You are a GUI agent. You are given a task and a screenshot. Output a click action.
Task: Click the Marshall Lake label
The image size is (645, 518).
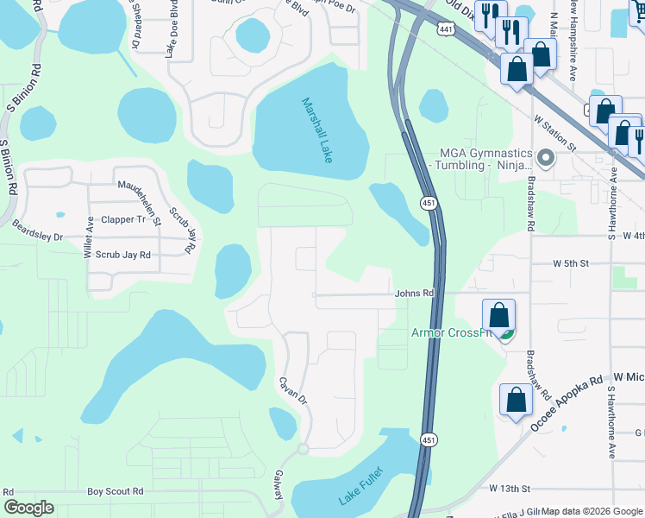(x=316, y=130)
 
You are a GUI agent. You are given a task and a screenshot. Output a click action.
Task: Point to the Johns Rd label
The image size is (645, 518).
(x=414, y=294)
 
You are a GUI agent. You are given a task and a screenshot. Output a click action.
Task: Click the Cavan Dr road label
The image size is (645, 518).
(x=293, y=389)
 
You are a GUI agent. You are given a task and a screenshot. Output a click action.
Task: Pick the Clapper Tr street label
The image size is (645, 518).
(x=123, y=220)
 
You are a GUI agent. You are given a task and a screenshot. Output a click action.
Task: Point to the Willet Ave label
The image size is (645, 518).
(x=88, y=237)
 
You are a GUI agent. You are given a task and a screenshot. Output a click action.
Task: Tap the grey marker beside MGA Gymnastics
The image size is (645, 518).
(x=544, y=157)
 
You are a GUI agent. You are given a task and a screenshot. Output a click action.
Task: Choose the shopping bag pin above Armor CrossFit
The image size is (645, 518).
(x=498, y=317)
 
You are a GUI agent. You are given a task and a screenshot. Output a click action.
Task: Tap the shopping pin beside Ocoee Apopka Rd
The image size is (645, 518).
(x=516, y=401)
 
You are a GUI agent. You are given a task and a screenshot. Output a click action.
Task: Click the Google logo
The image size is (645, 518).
(x=28, y=508)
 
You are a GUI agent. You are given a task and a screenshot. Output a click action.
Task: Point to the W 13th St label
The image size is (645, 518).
(x=509, y=489)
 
